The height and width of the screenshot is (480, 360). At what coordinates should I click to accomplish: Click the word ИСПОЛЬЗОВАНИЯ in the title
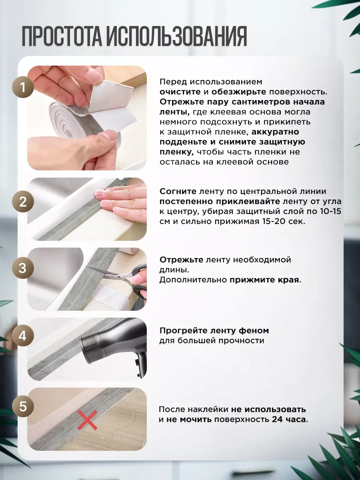(x=177, y=36)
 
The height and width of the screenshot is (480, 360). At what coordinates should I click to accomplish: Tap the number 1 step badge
(x=23, y=88)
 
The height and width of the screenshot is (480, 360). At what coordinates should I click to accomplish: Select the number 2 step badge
(x=23, y=202)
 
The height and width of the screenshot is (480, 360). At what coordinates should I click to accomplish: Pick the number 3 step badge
(x=23, y=268)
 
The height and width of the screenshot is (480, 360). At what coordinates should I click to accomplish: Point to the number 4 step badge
(x=23, y=336)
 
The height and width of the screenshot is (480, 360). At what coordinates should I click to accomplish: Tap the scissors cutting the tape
(x=122, y=279)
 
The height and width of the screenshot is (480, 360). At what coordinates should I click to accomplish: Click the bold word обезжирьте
(x=239, y=92)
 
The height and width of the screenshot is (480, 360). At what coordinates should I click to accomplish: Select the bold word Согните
(x=178, y=192)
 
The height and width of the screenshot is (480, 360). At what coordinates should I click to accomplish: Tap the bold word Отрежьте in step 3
(x=181, y=260)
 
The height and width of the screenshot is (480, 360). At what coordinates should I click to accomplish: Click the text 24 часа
(x=290, y=420)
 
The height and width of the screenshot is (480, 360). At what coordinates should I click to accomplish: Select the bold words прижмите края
(x=265, y=280)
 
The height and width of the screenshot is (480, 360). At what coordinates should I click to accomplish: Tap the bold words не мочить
(x=189, y=420)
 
